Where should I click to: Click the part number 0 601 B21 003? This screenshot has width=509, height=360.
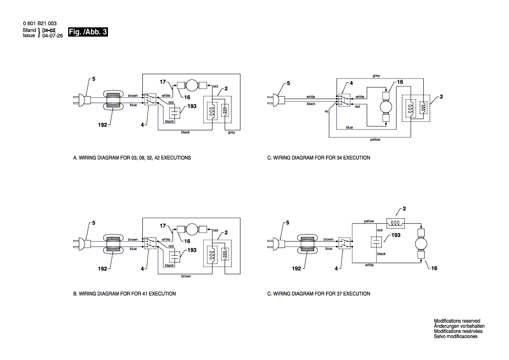[39, 24]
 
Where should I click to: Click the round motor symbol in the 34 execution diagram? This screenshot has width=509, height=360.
[384, 106]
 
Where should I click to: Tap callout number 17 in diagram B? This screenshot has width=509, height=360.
[163, 226]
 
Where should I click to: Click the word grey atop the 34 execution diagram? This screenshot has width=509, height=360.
[376, 76]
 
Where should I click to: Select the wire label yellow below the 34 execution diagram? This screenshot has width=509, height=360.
[375, 140]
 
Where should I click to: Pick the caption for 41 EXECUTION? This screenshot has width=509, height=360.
[125, 294]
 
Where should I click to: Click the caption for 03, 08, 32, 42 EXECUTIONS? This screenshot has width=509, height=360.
[132, 158]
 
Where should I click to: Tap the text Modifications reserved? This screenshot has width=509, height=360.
[457, 321]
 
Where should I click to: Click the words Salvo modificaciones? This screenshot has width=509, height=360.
[455, 336]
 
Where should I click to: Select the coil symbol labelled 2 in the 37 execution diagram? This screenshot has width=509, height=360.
[395, 223]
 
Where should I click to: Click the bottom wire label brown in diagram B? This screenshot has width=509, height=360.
[186, 276]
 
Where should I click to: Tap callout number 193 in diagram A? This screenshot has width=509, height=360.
[192, 106]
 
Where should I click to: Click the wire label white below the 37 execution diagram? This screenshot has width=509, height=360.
[369, 265]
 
